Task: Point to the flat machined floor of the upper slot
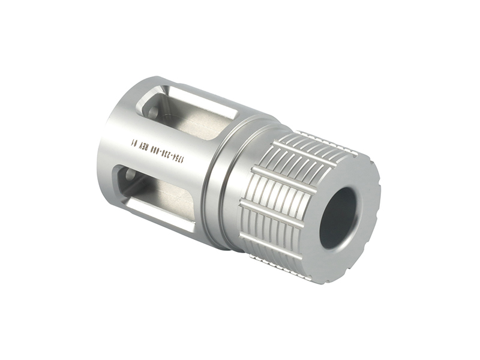pos(192,123)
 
